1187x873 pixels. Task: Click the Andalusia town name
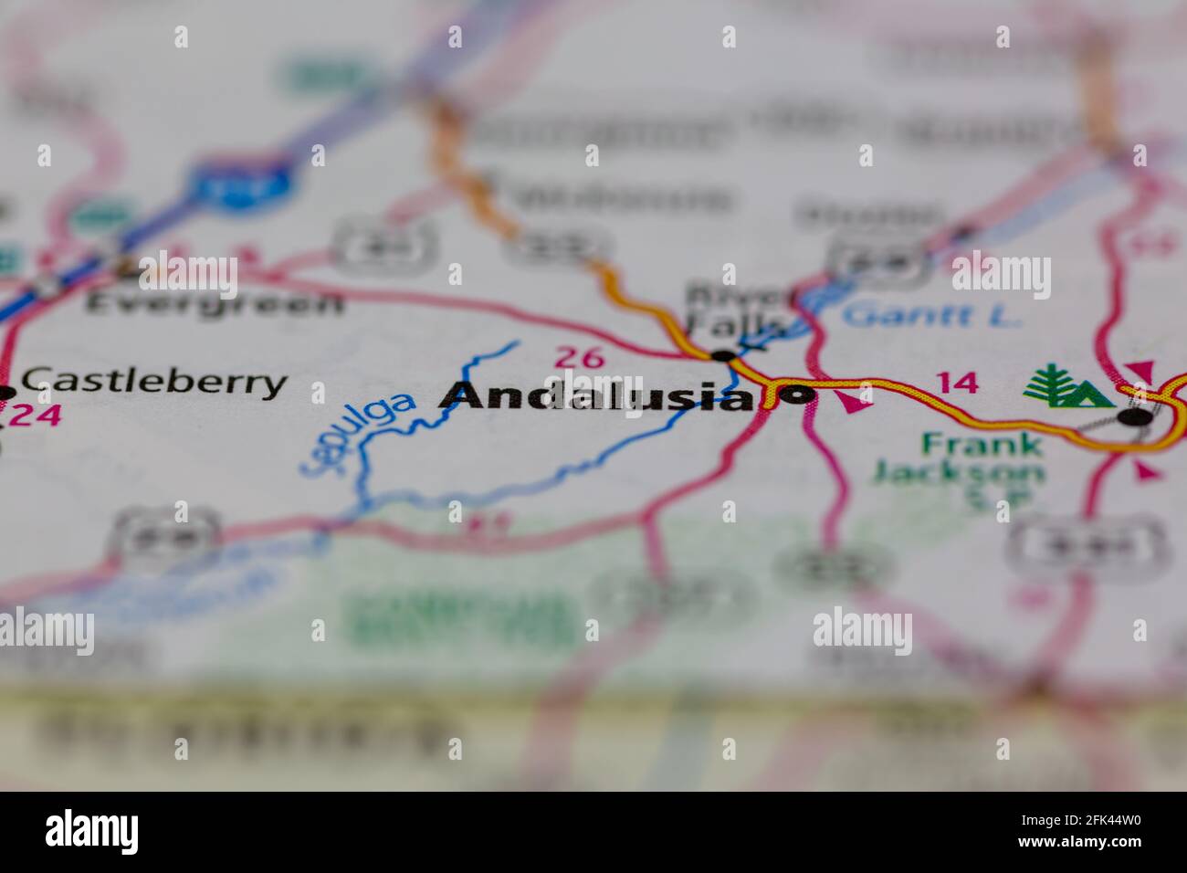coord(598,395)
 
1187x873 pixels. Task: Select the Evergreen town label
coord(214,302)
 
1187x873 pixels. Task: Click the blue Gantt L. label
coord(930,315)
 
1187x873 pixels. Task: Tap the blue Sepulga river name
coord(357,434)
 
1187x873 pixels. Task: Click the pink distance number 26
coord(580,357)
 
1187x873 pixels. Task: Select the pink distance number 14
coord(958,383)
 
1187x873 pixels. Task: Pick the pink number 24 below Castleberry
coord(37,415)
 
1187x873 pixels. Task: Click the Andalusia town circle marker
coord(797,394)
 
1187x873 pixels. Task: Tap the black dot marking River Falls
coord(724,355)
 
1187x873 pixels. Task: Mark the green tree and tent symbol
coord(1066,386)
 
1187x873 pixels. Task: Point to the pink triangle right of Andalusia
coord(853,400)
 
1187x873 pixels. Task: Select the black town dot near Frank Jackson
coord(1135,417)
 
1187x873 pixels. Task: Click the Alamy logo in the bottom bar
coord(92,832)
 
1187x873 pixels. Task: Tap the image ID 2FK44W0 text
coord(1080,819)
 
